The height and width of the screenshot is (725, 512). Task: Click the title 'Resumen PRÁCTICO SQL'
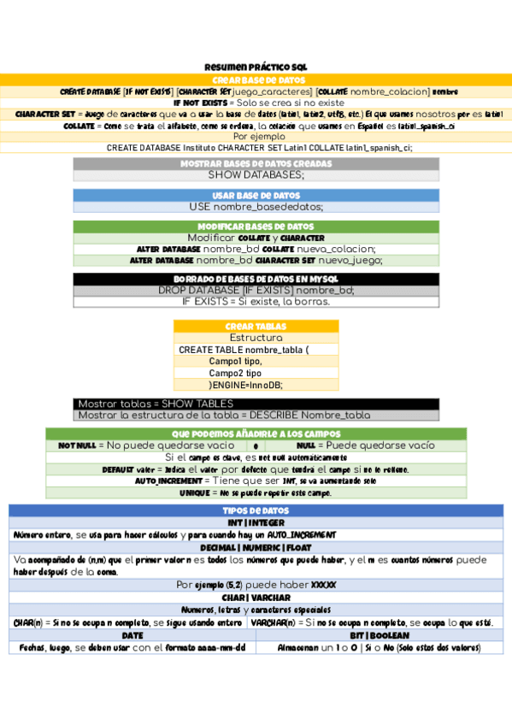256,67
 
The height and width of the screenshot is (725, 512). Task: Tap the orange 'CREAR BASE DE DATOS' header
256,80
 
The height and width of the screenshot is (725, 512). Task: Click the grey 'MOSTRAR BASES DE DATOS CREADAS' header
256,163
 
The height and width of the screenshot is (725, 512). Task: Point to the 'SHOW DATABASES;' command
256,174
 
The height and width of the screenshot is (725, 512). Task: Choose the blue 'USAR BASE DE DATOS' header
256,195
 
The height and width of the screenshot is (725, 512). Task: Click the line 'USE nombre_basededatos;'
256,206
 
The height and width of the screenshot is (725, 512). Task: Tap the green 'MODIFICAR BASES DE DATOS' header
256,227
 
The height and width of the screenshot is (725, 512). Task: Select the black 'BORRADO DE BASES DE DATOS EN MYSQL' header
256,280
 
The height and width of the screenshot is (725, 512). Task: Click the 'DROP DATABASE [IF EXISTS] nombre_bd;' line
256,290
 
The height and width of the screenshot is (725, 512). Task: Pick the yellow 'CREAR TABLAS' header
256,327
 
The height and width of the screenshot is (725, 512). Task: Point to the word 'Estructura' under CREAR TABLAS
256,338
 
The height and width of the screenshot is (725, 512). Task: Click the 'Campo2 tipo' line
235,373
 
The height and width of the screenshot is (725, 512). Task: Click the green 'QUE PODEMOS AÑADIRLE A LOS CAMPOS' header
256,434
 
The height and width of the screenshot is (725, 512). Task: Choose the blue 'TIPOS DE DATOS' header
256,510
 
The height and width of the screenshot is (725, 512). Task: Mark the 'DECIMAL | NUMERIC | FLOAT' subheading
256,547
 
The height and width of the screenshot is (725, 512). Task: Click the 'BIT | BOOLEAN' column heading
380,636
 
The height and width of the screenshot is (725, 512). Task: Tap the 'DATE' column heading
132,636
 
